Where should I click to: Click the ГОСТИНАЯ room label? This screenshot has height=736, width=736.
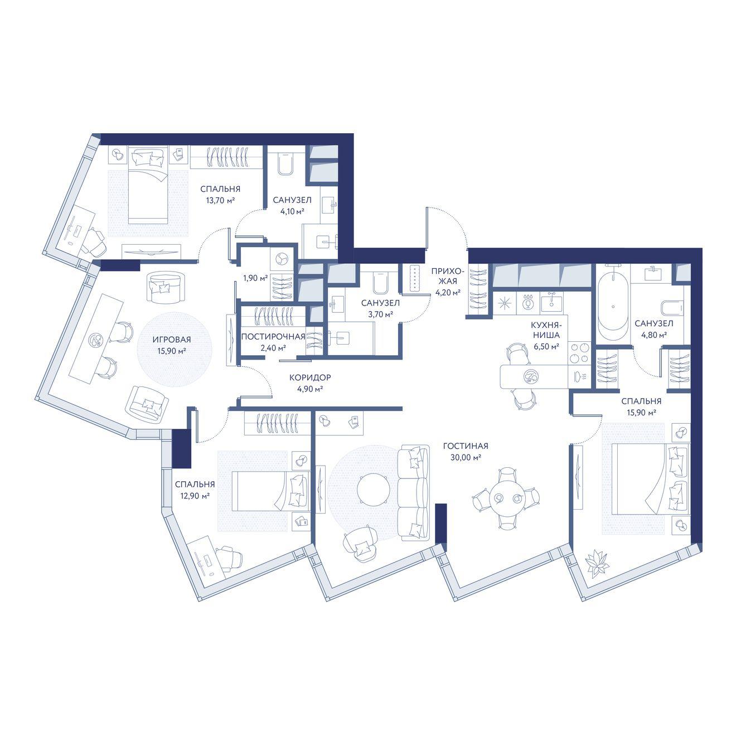pos(465,446)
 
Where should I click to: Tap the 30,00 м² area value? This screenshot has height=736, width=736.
pos(465,458)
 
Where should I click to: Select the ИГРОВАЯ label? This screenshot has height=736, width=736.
pos(172,340)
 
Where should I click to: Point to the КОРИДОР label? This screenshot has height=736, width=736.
pos(310,377)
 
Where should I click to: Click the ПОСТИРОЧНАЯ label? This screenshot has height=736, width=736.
pos(273,336)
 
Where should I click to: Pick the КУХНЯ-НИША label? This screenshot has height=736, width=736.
pos(545,331)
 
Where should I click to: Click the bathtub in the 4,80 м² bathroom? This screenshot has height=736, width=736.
pos(613,306)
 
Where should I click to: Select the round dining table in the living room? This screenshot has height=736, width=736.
pos(506,498)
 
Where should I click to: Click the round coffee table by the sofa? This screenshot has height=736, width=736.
pos(373,488)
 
